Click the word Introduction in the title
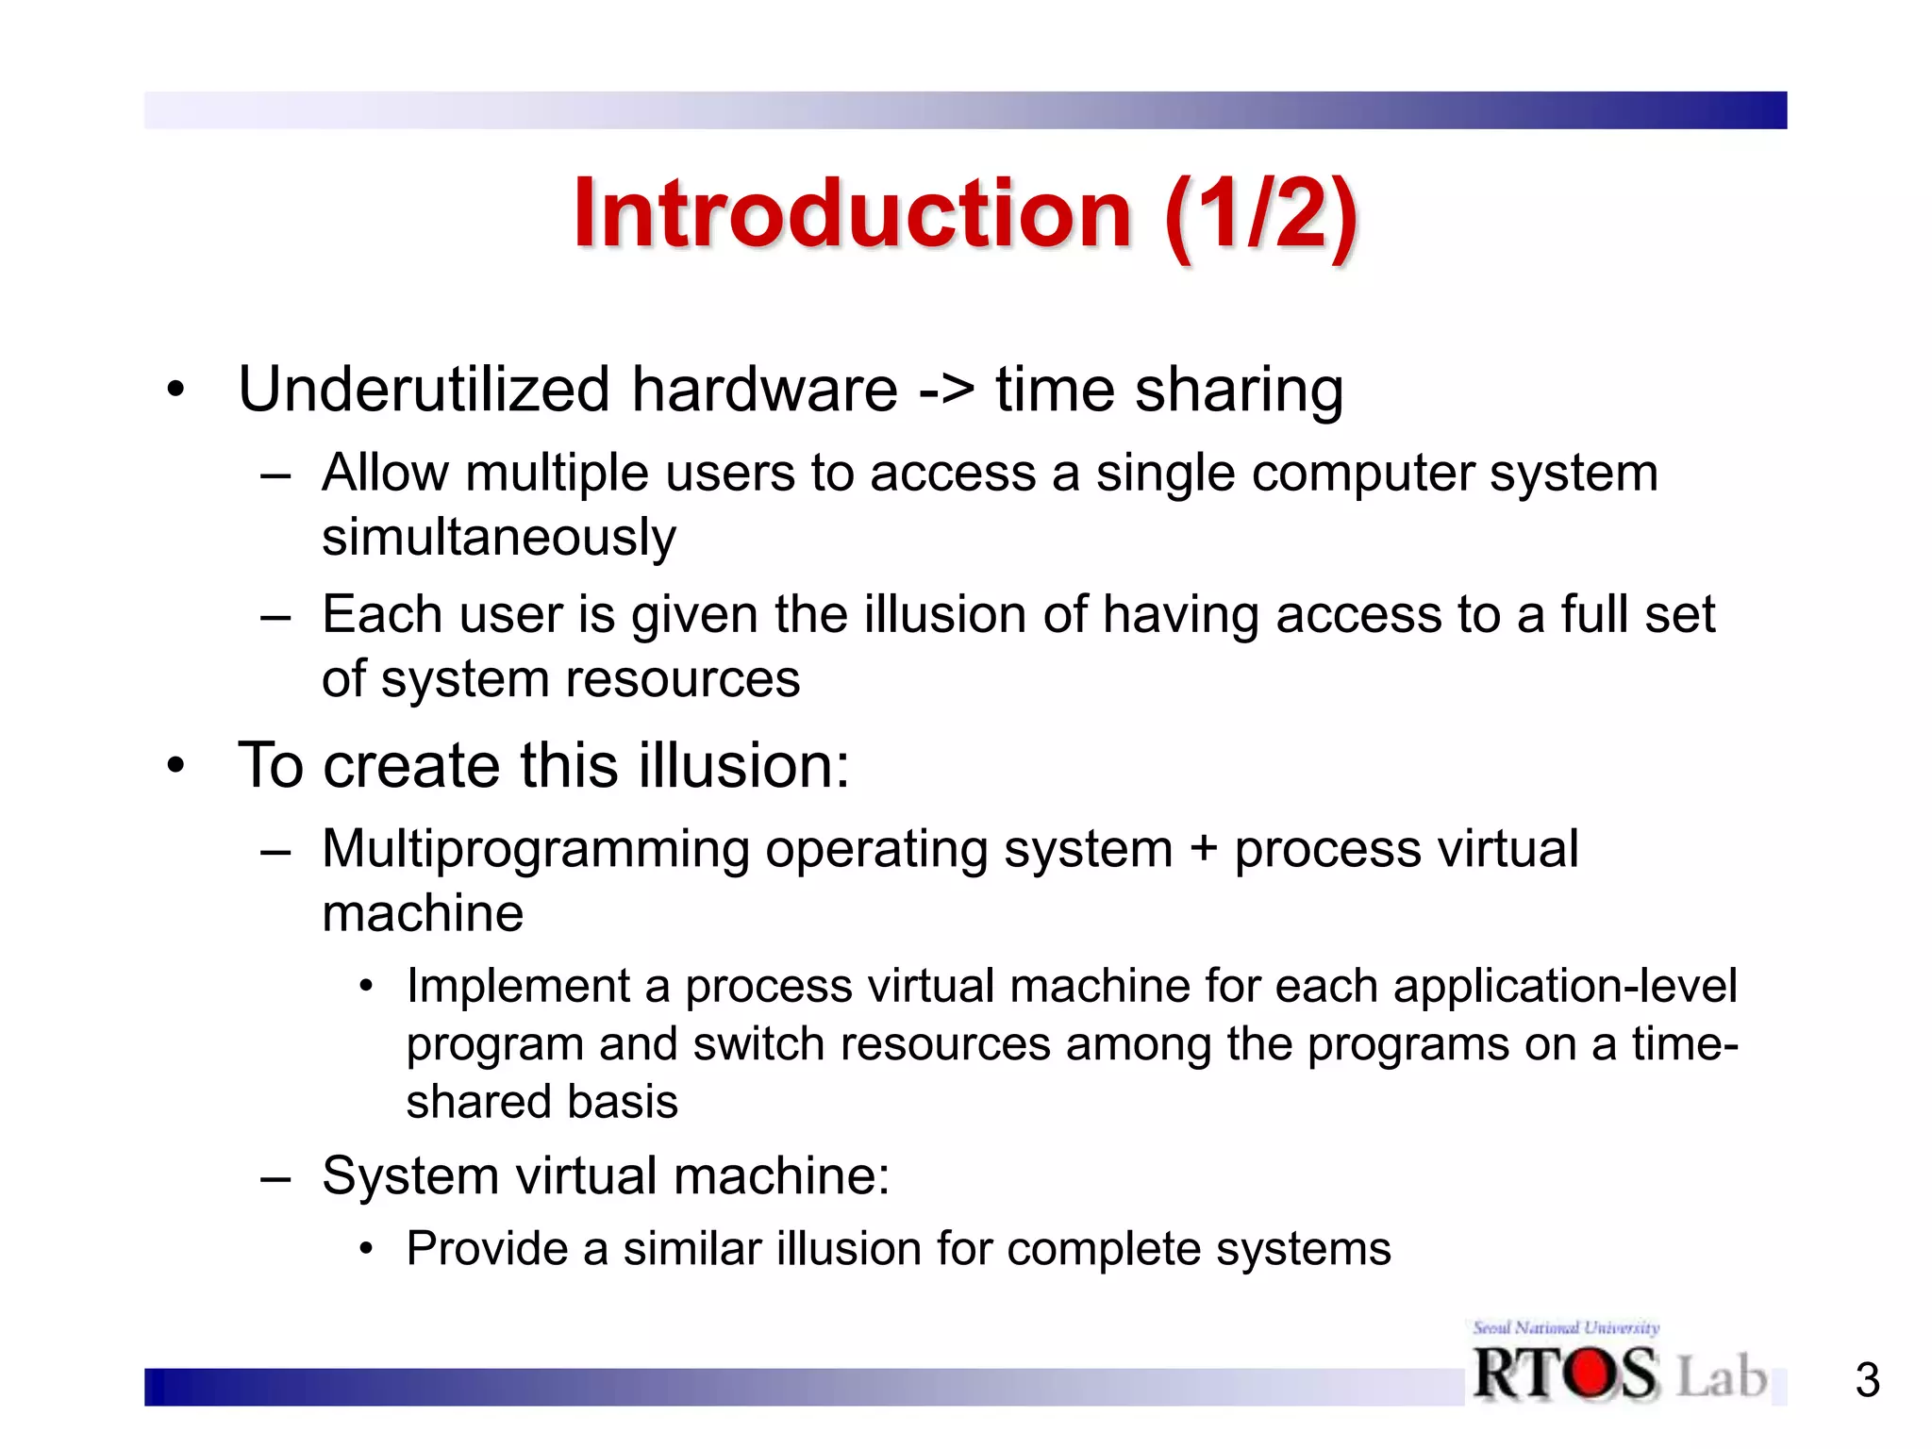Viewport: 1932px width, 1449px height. click(852, 215)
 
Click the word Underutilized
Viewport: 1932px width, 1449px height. click(424, 390)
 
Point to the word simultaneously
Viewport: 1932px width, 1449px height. click(498, 538)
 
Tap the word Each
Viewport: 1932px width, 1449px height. click(382, 614)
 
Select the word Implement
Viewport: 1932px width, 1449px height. click(518, 987)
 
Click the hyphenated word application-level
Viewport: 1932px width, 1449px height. click(1564, 987)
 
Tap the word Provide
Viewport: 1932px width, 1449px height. click(487, 1249)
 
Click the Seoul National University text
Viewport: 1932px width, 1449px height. click(1565, 1327)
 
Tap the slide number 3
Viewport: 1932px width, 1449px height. click(1867, 1380)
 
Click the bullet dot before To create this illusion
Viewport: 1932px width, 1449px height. click(175, 765)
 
